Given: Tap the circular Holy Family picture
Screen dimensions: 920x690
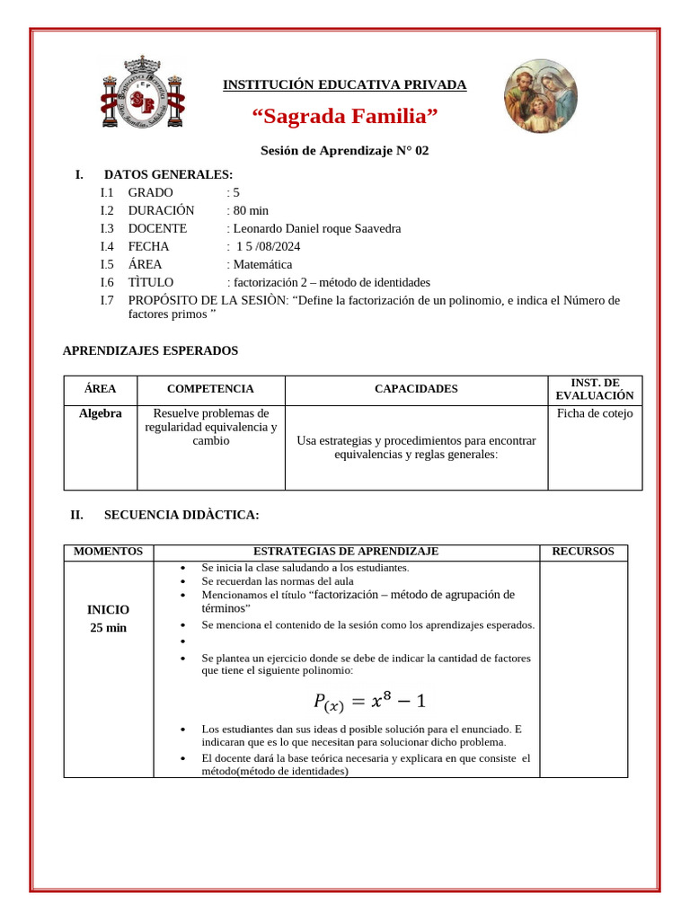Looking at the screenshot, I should pyautogui.click(x=540, y=96).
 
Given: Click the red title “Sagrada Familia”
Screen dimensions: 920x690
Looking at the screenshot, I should pyautogui.click(x=345, y=117).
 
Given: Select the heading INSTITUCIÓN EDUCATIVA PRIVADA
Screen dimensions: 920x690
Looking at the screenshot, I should pyautogui.click(x=345, y=85).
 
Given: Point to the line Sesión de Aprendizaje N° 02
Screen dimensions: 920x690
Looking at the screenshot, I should pyautogui.click(x=345, y=151).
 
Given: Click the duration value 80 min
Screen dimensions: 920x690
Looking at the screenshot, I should pyautogui.click(x=251, y=210).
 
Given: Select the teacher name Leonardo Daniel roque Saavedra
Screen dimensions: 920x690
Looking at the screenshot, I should pyautogui.click(x=316, y=228).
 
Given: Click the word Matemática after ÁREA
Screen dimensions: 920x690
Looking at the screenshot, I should pyautogui.click(x=262, y=264).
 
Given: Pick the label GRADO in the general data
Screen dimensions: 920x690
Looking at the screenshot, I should pyautogui.click(x=151, y=192).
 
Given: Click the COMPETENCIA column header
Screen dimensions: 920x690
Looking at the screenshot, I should pyautogui.click(x=210, y=389).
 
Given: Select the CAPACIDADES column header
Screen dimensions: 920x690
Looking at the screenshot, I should pyautogui.click(x=416, y=389).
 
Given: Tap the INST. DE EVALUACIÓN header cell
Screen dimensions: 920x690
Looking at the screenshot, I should pyautogui.click(x=595, y=389).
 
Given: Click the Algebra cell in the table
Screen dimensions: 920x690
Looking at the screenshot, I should pyautogui.click(x=101, y=413).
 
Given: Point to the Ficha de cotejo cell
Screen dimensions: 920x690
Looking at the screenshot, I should pyautogui.click(x=595, y=413).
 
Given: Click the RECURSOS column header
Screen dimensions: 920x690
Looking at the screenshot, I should pyautogui.click(x=583, y=552).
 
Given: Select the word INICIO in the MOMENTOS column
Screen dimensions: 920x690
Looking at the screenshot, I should pyautogui.click(x=108, y=609).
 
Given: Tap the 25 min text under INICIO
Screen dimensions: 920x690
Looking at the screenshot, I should pyautogui.click(x=108, y=628).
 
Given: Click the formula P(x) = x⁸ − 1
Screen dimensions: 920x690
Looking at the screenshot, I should pyautogui.click(x=369, y=700).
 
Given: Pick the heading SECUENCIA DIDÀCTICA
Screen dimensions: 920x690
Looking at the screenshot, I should pyautogui.click(x=181, y=515).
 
